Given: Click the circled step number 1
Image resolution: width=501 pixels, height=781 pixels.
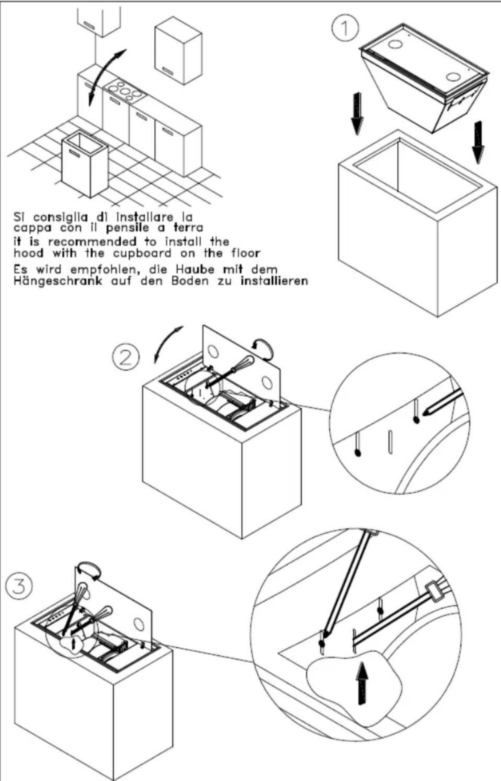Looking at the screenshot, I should point(344,29).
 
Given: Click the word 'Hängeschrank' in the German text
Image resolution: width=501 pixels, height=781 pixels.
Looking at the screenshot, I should point(58,281).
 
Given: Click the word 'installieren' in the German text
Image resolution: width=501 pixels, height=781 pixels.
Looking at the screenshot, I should point(274,281).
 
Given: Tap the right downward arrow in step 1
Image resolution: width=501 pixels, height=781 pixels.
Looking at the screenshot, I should point(478,141).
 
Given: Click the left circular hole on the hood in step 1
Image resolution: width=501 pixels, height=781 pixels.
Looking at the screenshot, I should point(394,44).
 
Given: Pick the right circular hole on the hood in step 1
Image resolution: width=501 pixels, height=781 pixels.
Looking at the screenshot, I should point(453,76).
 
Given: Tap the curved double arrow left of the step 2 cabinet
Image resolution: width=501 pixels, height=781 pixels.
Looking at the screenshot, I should point(167,343).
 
